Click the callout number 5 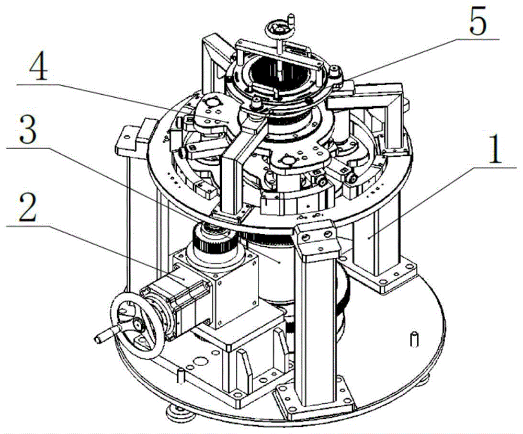(478, 21)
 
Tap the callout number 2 (27, 209)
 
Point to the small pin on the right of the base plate (414, 339)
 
